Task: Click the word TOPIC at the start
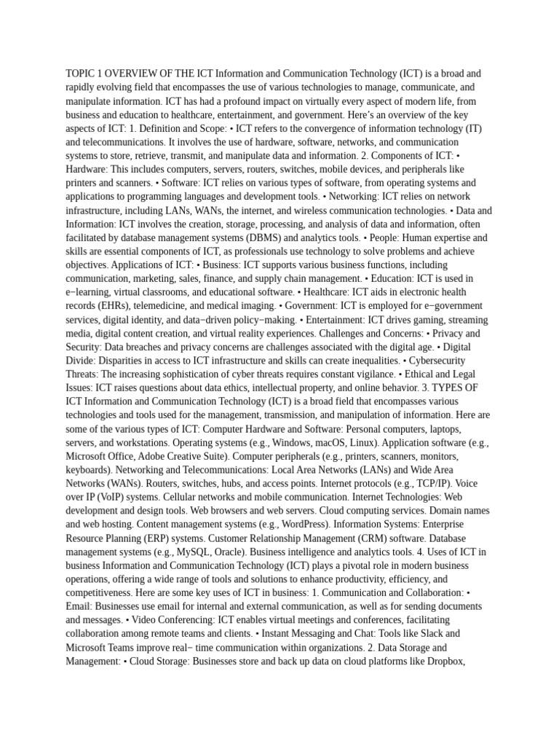click(x=81, y=74)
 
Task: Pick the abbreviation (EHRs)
click(x=92, y=306)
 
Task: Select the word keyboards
click(x=88, y=470)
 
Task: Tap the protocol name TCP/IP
click(x=430, y=483)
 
